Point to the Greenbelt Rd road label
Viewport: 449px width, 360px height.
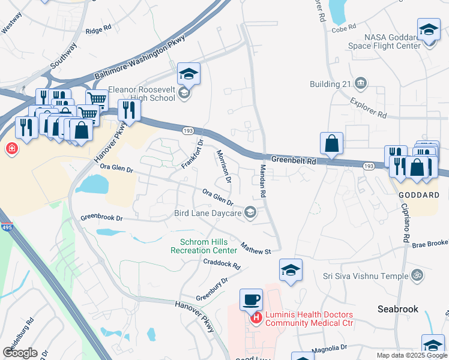(x=294, y=161)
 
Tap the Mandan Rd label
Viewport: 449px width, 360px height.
(x=262, y=181)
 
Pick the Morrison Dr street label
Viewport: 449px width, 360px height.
(x=223, y=166)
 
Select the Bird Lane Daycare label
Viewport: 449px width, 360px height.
(x=208, y=212)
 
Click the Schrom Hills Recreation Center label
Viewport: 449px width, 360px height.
(x=204, y=246)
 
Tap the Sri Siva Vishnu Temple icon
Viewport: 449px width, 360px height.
(x=417, y=275)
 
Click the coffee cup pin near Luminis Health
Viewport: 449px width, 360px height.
(x=251, y=298)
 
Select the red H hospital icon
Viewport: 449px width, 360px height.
(x=256, y=317)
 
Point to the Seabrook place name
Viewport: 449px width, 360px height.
(x=397, y=308)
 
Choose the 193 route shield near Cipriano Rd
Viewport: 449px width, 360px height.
(x=369, y=165)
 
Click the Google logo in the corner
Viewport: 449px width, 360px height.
(x=20, y=353)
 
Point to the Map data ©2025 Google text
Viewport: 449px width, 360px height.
(x=411, y=355)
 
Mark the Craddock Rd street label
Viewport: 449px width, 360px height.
(x=221, y=263)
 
